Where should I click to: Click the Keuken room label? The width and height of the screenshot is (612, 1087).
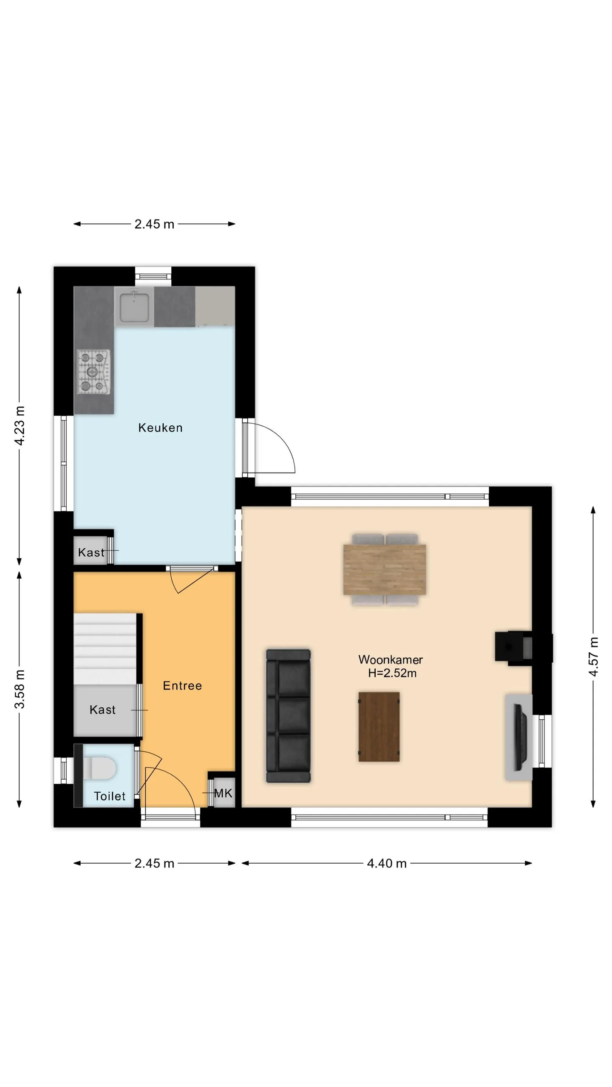(160, 428)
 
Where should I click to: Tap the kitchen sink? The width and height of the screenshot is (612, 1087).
(134, 307)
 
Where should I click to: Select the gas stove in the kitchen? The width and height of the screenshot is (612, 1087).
(93, 372)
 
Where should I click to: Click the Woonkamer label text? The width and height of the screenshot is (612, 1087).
(390, 659)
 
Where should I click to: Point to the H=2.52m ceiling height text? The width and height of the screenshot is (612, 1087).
(392, 673)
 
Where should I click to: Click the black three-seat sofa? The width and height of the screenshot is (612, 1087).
(288, 715)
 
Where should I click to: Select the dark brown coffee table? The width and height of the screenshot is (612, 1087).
(379, 727)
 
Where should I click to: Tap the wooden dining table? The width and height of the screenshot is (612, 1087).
(385, 569)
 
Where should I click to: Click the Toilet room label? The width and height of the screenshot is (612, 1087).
(110, 796)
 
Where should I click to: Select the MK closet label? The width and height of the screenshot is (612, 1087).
(223, 793)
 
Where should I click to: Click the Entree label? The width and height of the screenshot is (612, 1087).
(182, 686)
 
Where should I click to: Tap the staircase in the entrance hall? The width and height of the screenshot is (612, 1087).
(105, 649)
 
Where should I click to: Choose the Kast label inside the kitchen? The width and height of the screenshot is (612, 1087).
(91, 552)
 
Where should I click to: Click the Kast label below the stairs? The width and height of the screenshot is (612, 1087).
(102, 710)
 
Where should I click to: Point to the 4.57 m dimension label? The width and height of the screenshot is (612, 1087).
(593, 656)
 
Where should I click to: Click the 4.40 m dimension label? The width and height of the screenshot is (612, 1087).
(387, 863)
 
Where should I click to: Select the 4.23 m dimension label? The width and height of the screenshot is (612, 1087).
(20, 425)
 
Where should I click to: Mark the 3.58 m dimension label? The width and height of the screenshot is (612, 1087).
(20, 689)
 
